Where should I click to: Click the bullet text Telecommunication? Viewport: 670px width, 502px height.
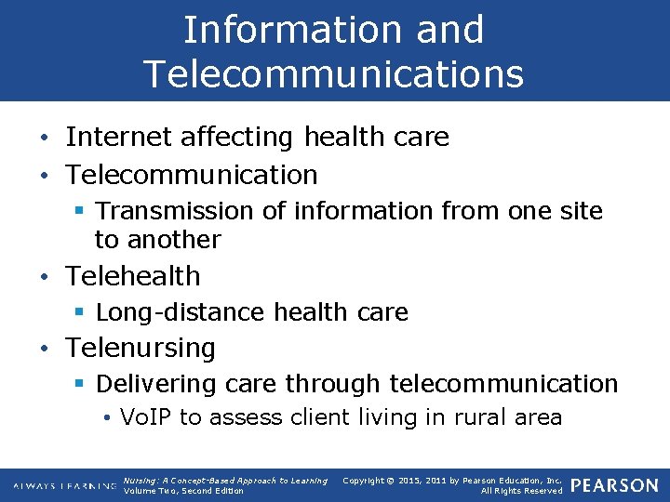[x=192, y=174]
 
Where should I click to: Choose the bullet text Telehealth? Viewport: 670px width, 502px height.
[x=133, y=276]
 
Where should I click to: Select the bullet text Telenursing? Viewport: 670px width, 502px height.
[x=141, y=348]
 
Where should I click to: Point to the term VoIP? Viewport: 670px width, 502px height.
[x=144, y=417]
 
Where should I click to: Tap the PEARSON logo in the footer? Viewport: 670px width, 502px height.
[x=613, y=485]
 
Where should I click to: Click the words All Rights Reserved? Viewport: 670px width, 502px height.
[x=521, y=491]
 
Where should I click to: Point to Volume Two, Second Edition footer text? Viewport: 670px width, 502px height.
[x=183, y=491]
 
